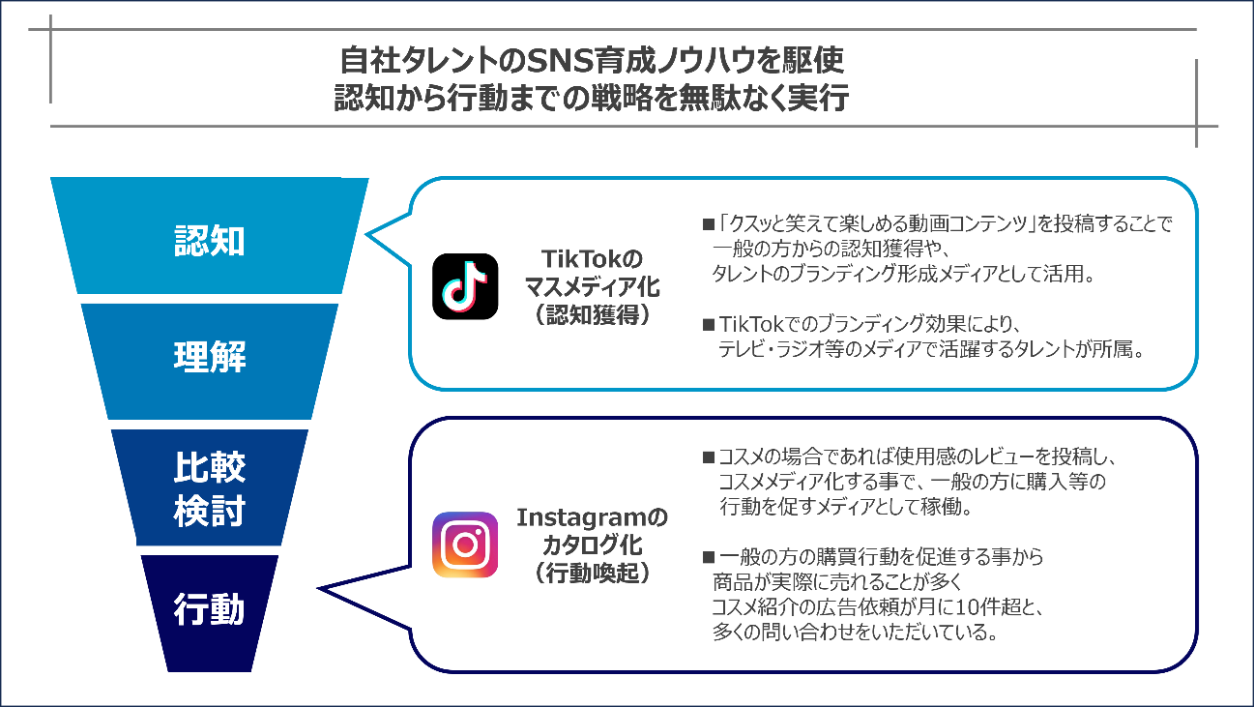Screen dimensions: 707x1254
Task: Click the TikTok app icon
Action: [465, 286]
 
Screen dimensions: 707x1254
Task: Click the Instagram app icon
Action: [465, 545]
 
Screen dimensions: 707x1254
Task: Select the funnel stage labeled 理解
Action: [210, 358]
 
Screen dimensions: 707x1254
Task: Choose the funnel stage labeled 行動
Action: [210, 610]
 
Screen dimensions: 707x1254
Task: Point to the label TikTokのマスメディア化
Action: [592, 273]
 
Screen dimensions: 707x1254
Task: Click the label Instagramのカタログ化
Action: [592, 531]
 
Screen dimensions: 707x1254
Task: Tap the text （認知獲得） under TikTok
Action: [592, 314]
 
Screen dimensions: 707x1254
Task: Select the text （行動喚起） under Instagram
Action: [592, 573]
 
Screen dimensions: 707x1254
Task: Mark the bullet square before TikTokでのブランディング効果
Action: [708, 324]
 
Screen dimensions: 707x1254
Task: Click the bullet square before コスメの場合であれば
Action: [708, 457]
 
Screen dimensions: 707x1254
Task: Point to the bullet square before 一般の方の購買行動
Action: [708, 558]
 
